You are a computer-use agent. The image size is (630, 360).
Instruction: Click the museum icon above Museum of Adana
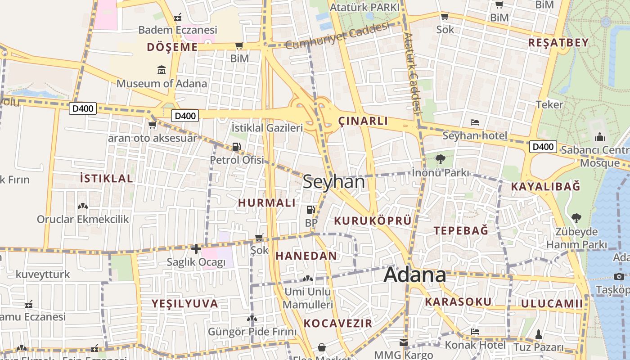coord(162,70)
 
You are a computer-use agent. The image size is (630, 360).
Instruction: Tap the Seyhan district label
coord(333,182)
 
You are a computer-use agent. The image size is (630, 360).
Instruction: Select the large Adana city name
coord(414,275)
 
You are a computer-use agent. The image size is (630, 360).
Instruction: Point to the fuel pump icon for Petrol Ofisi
coord(236,147)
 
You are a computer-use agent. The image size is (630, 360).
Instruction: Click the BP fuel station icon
coord(310,209)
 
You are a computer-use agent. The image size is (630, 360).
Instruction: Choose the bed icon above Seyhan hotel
coord(474,122)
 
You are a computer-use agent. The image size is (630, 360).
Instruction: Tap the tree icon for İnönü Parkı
coord(441,159)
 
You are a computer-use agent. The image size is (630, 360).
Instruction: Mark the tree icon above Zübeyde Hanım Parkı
coord(576,218)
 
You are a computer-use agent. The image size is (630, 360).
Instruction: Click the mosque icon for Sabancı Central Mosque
coord(600,137)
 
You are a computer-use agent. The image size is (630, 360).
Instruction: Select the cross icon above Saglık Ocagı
coord(196,248)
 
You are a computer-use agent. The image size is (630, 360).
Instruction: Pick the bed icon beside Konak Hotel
coord(475,332)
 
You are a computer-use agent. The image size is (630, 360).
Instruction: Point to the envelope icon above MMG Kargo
coord(403,342)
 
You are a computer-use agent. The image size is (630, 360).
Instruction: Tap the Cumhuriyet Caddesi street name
coord(337,36)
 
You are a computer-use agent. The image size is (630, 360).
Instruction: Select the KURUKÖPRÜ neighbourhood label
coord(373,220)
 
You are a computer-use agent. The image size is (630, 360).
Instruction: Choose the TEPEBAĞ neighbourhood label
coord(461,230)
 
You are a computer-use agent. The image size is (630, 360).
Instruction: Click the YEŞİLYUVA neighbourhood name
coord(185,303)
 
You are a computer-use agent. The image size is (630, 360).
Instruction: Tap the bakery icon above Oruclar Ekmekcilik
coord(83,206)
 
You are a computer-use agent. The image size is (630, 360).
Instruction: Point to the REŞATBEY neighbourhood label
coord(558,43)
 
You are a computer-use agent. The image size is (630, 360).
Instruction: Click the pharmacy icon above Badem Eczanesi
coord(178,18)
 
